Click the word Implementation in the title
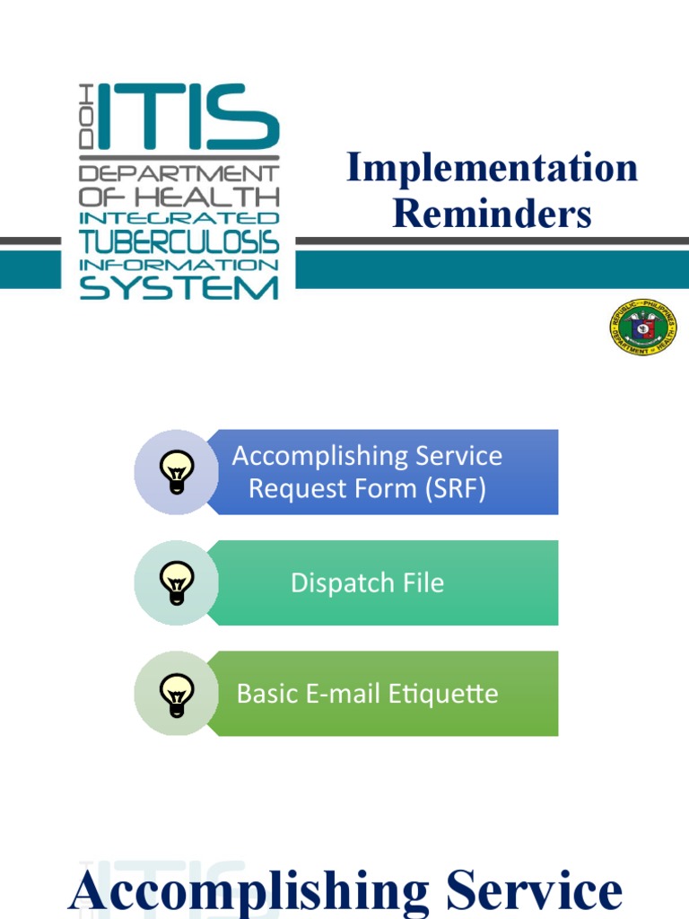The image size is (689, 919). [492, 169]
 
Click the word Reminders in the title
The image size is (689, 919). [492, 214]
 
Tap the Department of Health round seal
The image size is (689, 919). [643, 328]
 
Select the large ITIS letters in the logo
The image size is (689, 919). [188, 117]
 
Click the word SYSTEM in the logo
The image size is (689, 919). [179, 287]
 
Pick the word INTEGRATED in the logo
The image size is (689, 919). [179, 218]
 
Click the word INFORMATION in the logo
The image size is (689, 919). [179, 265]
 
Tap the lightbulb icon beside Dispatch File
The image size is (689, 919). [177, 582]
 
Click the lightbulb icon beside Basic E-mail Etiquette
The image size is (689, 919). [177, 694]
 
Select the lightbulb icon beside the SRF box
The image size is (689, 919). [177, 471]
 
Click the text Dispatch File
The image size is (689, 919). [367, 583]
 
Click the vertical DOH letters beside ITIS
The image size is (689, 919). [87, 117]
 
